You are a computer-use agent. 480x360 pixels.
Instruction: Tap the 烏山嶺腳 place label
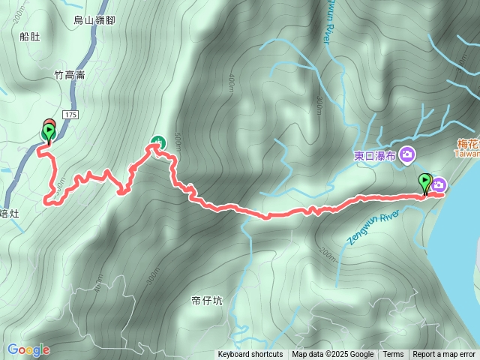[95, 21]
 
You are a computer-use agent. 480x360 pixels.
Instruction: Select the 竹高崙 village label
[69, 74]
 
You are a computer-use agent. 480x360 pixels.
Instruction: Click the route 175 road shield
[71, 114]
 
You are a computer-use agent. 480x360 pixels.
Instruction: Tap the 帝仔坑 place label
[207, 301]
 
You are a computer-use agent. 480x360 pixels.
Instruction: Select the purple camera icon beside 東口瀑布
[407, 154]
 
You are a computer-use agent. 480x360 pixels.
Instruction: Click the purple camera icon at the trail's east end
[439, 185]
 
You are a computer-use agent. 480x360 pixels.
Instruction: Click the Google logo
[28, 349]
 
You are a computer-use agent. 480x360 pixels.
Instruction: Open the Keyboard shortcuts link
[250, 355]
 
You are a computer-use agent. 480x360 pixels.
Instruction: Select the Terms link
[393, 355]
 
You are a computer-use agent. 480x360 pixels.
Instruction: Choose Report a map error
[444, 355]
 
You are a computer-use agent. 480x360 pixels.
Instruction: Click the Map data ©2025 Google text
[332, 355]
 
